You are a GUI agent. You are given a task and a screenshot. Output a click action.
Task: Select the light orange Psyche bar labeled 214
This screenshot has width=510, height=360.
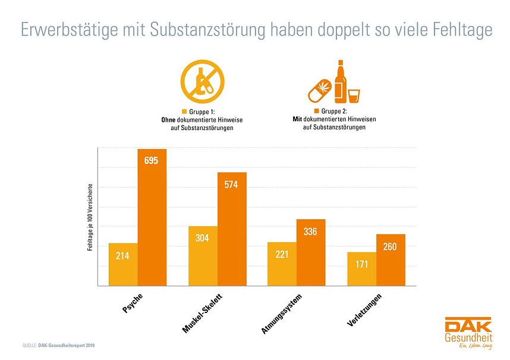pyautogui.click(x=123, y=264)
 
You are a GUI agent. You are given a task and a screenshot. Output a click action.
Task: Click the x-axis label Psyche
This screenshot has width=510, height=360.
pyautogui.click(x=133, y=302)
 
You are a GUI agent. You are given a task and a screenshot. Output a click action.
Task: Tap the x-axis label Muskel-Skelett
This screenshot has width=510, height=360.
pyautogui.click(x=203, y=311)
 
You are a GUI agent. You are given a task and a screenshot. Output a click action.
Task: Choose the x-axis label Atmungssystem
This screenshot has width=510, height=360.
pyautogui.click(x=282, y=312)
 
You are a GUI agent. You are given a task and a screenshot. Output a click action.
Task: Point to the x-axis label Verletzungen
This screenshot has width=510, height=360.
pyautogui.click(x=364, y=310)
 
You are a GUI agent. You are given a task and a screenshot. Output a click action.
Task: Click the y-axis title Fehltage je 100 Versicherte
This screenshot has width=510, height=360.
pyautogui.click(x=90, y=217)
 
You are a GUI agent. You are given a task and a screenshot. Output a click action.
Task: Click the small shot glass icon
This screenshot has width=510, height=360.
pyautogui.click(x=354, y=95)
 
